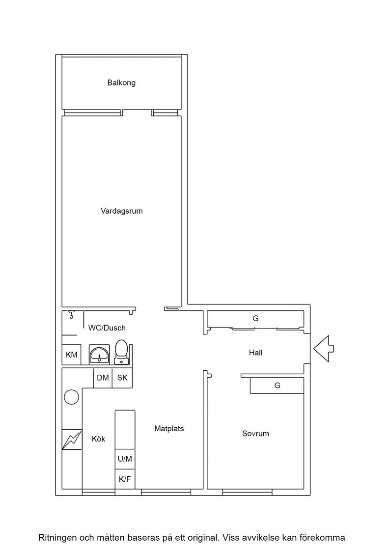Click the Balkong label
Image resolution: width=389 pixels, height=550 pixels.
[x=121, y=83]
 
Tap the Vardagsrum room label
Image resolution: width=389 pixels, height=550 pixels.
[x=122, y=211]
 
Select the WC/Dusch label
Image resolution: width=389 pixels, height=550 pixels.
[x=107, y=328]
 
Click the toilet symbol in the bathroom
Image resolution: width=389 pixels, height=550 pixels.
[x=121, y=352]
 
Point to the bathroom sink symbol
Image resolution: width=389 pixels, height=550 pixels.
[x=99, y=354]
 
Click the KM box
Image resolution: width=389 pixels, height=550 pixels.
[x=72, y=355]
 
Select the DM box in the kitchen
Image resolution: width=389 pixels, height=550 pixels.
[x=103, y=378]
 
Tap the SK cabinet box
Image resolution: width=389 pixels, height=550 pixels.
[x=122, y=378]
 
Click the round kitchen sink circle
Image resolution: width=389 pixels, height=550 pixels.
[x=72, y=397]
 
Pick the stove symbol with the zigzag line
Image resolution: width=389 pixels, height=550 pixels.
[x=72, y=440]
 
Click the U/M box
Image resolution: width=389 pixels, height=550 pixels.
[x=125, y=459]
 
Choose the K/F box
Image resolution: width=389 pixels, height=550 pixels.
[x=125, y=479]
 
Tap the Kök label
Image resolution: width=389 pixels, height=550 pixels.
[x=99, y=439]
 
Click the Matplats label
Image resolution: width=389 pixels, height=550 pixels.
[x=169, y=429]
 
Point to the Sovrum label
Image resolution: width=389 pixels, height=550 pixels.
[x=256, y=434]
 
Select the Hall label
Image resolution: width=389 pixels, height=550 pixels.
[x=256, y=353]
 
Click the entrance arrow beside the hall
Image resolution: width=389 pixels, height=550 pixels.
[x=323, y=349]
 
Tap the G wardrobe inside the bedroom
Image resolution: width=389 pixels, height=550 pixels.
[x=277, y=385]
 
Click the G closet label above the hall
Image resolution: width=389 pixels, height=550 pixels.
[x=256, y=319]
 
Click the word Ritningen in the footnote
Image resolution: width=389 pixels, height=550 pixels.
[x=57, y=538]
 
